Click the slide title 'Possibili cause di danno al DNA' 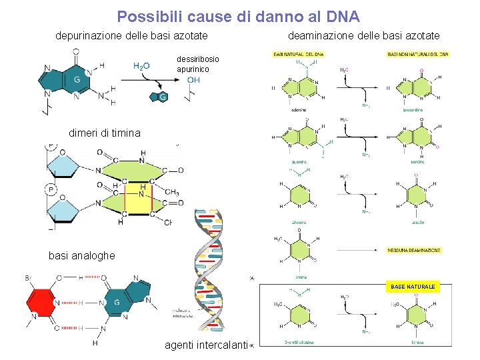(x=238, y=16)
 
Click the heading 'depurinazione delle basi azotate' (x=131, y=35)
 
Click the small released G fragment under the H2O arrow (x=161, y=97)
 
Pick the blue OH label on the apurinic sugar (x=193, y=80)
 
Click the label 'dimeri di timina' (x=105, y=133)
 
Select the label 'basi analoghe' (x=81, y=255)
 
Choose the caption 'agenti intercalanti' (x=206, y=345)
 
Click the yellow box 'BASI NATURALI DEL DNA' (x=299, y=54)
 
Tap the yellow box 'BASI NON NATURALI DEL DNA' (x=418, y=54)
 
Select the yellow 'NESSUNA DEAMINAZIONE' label (x=413, y=250)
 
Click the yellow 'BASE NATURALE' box (x=413, y=287)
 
